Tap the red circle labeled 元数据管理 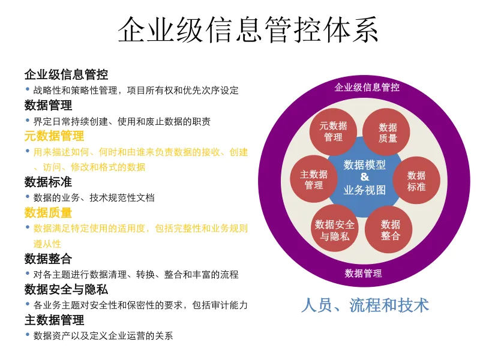pos(333,131)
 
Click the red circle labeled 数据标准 pos(416,181)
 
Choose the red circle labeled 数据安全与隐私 pos(334,230)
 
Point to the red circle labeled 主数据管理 pos(313,179)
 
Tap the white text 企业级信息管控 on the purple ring pos(367,88)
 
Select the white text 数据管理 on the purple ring pos(363,274)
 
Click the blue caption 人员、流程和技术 pos(365,305)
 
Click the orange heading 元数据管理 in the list pos(54,136)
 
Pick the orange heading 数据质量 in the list pos(48,212)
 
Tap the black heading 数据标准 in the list pos(48,182)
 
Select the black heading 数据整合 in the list pos(48,259)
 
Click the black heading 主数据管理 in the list pos(54,320)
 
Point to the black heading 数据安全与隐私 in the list pos(66,289)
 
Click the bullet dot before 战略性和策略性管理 pos(28,89)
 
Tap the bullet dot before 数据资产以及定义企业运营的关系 pos(28,335)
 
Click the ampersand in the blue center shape pos(365,177)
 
